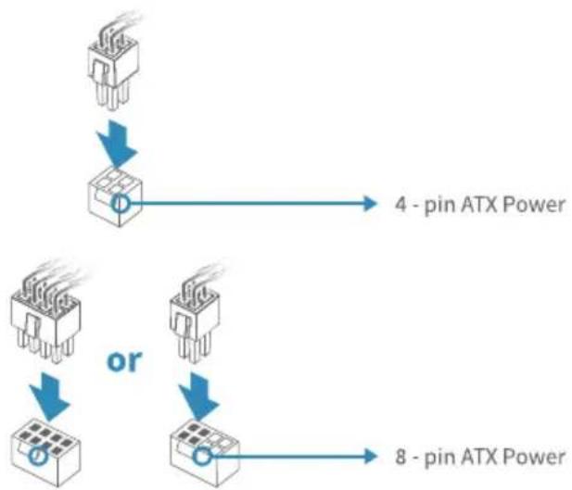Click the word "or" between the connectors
[x=124, y=361]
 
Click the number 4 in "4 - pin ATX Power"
[x=400, y=204]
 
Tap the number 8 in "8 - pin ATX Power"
[x=400, y=457]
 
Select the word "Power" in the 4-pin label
[x=534, y=204]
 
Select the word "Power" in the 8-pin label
[x=534, y=457]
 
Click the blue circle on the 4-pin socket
[x=112, y=204]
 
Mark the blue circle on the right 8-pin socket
[x=194, y=456]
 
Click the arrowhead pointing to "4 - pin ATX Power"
[x=370, y=204]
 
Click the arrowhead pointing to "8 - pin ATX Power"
[x=370, y=457]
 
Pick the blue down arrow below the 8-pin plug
[x=50, y=396]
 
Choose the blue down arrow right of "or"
[x=199, y=396]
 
